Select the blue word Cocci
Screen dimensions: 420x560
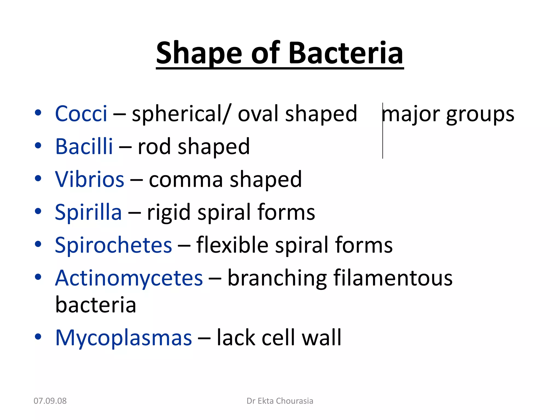coord(81,113)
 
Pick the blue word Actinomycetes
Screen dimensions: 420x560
coord(129,278)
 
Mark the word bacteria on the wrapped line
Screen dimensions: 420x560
coord(96,305)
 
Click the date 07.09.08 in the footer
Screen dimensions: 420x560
coord(50,401)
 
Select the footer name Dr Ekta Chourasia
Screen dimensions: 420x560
coord(280,401)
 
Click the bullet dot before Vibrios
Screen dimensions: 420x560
coord(38,179)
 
